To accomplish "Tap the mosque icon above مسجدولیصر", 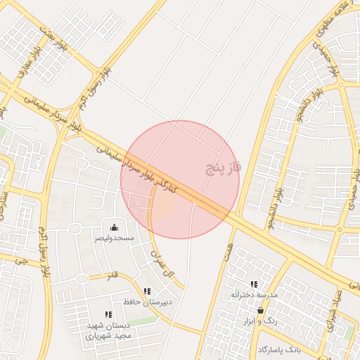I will click(x=115, y=226).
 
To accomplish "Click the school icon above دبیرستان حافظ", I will click(x=147, y=291).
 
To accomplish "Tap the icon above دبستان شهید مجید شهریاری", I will click(x=108, y=314).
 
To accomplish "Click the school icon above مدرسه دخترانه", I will click(x=254, y=284).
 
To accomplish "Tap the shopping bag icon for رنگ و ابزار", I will click(x=261, y=309).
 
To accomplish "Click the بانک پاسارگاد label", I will click(x=279, y=349).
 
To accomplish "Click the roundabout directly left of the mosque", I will click(x=75, y=228).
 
